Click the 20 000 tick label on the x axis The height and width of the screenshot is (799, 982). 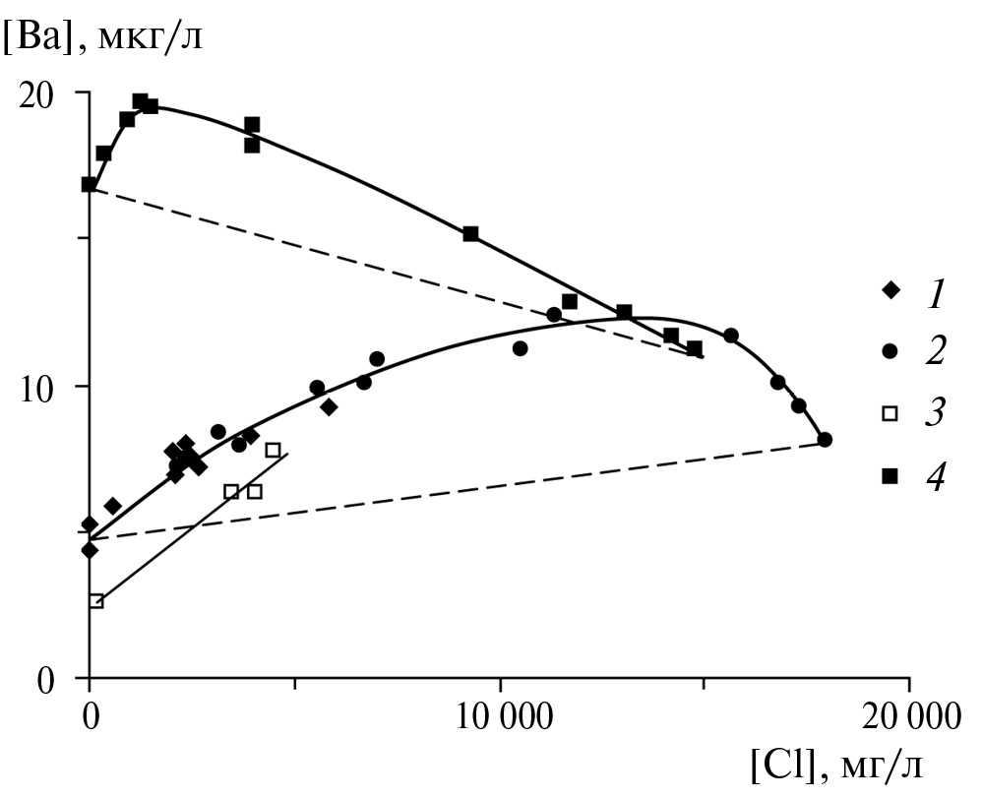point(907,716)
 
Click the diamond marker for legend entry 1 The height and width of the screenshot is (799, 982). point(890,290)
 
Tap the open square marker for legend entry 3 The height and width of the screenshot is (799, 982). point(890,413)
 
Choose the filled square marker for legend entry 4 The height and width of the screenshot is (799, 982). point(890,476)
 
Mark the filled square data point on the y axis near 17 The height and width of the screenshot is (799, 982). point(90,184)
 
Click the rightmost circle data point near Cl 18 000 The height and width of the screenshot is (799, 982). point(825,440)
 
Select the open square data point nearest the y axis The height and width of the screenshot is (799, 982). point(96,601)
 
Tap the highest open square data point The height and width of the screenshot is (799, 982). point(273,450)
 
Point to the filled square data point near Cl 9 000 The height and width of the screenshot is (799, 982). point(470,233)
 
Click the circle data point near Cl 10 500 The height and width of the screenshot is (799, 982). point(520,348)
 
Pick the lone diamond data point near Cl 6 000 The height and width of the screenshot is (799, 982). point(329,407)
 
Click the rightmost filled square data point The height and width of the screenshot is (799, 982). point(695,348)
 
